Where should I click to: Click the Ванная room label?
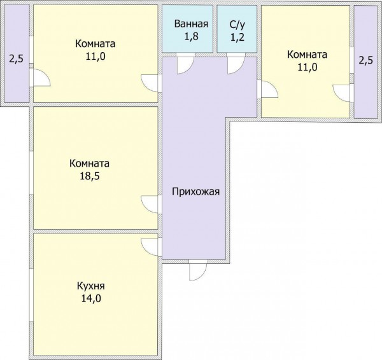click(191, 24)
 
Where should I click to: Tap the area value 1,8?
click(191, 37)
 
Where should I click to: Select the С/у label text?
click(237, 25)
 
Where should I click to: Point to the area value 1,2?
click(237, 38)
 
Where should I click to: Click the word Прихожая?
click(195, 192)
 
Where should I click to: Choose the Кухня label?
click(90, 286)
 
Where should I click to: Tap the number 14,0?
click(91, 298)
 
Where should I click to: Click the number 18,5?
click(90, 176)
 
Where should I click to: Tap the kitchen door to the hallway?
click(150, 247)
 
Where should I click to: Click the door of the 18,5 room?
click(150, 205)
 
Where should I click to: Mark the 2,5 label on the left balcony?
click(17, 59)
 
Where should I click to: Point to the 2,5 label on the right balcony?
click(365, 60)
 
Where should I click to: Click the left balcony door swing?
click(41, 78)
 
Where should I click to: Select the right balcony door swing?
click(341, 93)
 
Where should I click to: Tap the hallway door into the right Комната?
click(269, 90)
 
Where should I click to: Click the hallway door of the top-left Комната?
click(150, 83)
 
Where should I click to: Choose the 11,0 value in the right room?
click(308, 67)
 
